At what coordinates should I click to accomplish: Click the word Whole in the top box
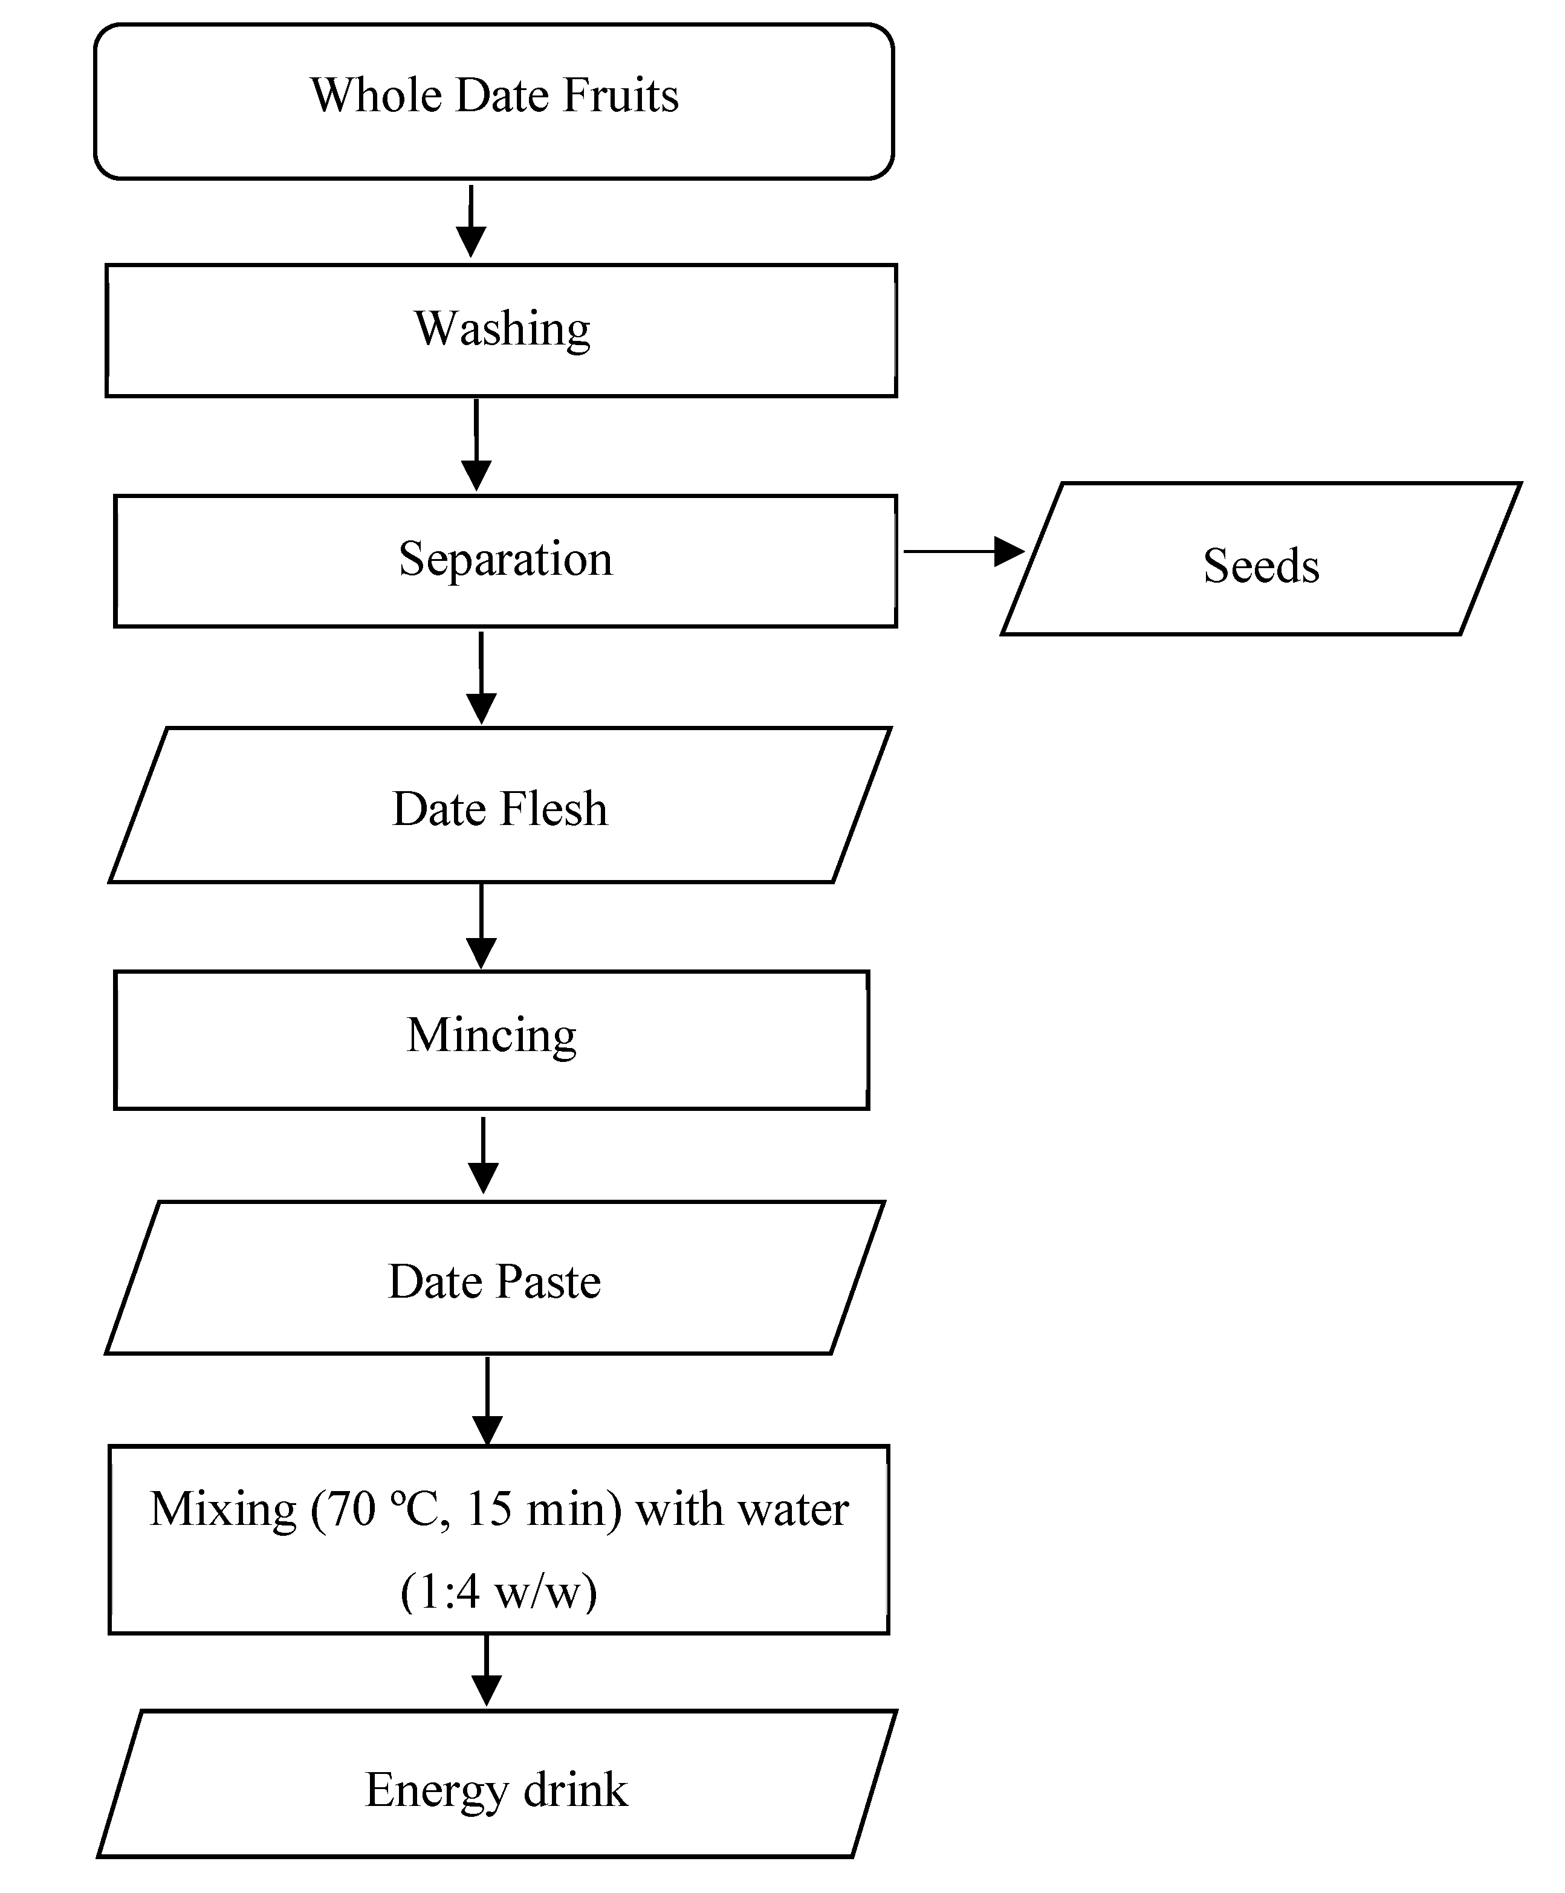tap(377, 95)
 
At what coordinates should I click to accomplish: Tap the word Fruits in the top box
tap(620, 95)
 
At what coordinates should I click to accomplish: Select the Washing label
tap(502, 329)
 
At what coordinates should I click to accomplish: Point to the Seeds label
tap(1260, 566)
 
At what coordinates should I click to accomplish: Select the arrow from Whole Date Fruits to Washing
tap(470, 221)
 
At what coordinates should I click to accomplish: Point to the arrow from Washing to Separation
tap(476, 445)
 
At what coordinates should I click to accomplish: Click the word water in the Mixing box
tap(793, 1509)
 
